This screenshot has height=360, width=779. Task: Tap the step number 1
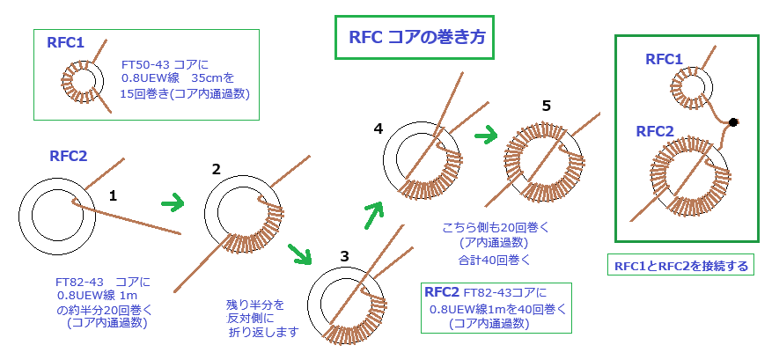(x=113, y=195)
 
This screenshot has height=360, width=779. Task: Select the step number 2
(x=217, y=170)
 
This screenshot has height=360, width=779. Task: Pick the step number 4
(x=378, y=129)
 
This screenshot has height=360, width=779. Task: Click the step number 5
(x=546, y=106)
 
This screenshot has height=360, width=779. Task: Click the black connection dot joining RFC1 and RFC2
(x=733, y=121)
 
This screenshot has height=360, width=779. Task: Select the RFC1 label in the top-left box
(x=65, y=40)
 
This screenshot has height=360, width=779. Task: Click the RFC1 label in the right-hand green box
(x=664, y=59)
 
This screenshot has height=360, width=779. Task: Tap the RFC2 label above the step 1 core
(x=68, y=157)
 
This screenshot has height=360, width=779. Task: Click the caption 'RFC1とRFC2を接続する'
(x=683, y=264)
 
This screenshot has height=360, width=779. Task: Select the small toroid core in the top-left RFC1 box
(x=88, y=85)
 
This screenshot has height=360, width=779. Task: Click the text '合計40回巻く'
(x=488, y=260)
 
